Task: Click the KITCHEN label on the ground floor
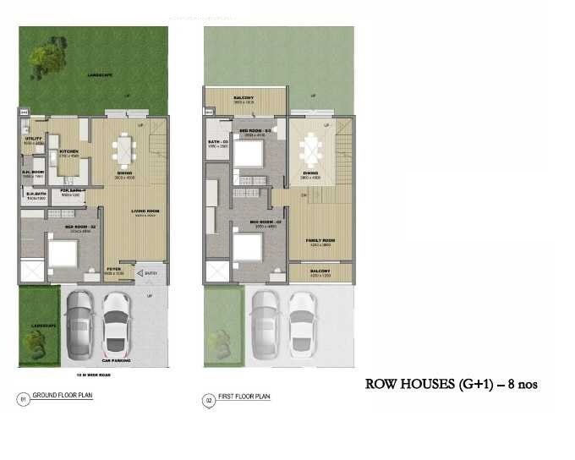tap(68, 153)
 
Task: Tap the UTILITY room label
tap(33, 139)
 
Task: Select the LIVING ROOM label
tap(143, 212)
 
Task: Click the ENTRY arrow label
tap(150, 272)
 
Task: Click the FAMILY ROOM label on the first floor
tap(321, 241)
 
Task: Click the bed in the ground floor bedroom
tap(61, 253)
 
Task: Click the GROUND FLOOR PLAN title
tap(58, 397)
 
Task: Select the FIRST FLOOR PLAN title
tap(244, 397)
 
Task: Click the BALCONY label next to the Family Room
tap(320, 271)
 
